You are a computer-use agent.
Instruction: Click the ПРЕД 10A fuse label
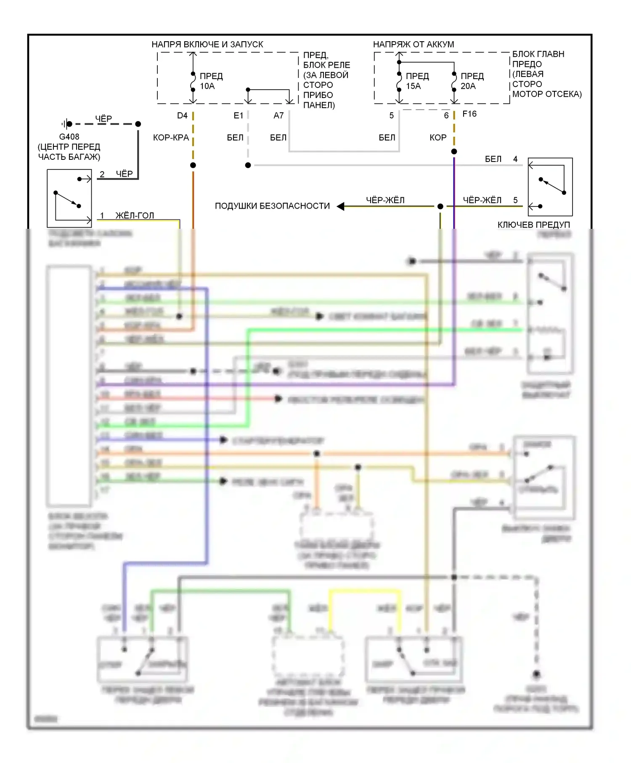coord(211,81)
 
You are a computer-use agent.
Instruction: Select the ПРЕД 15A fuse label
coord(417,81)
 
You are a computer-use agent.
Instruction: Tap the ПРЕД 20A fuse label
coord(472,81)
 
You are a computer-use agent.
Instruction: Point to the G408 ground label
coord(69,137)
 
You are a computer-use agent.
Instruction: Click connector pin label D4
coord(182,116)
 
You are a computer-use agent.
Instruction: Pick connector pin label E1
coord(239,116)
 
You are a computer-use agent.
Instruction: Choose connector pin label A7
coord(278,116)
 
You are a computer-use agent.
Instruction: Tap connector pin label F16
coord(469,114)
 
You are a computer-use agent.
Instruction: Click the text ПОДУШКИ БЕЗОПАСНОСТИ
coord(272,206)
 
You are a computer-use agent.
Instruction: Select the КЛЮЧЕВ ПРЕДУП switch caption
coord(533,225)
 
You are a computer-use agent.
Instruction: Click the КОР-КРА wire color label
coord(171,138)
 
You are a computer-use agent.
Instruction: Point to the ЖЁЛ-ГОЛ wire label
coord(135,216)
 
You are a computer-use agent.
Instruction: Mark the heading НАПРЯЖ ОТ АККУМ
coord(414,44)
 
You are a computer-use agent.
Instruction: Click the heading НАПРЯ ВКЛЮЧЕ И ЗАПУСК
coord(207,44)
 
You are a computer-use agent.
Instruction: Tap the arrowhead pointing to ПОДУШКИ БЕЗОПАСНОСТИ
coord(341,206)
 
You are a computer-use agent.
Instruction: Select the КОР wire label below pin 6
coord(438,138)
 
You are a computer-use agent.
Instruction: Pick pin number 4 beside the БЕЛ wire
coord(515,159)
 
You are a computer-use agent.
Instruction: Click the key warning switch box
coord(550,187)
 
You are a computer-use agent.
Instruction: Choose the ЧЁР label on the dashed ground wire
coord(103,119)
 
